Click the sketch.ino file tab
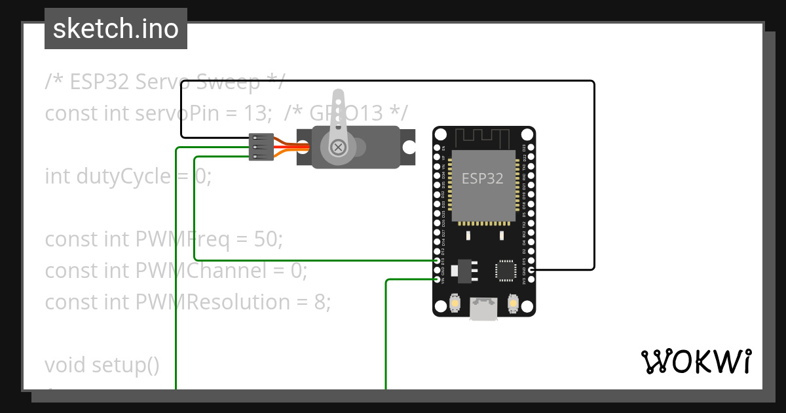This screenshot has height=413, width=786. [116, 29]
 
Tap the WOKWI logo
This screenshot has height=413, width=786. [696, 362]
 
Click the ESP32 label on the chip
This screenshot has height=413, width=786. [483, 178]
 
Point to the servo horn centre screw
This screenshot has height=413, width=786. [338, 147]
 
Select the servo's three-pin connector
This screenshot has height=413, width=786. [261, 147]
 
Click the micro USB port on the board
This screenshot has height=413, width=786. [483, 308]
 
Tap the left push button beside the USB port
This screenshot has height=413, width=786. [455, 304]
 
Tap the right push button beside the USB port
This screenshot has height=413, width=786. [512, 304]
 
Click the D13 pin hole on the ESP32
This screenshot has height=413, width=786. [438, 260]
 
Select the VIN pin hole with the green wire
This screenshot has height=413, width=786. [438, 279]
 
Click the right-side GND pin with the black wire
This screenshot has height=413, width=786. [531, 269]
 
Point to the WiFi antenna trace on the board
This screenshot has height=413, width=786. [483, 138]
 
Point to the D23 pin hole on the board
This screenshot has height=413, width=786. [531, 147]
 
